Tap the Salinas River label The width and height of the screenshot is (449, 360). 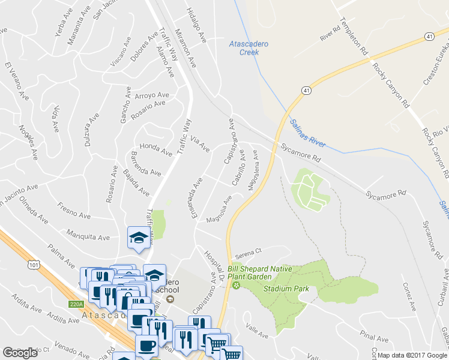[307, 133]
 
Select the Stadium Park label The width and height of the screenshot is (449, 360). [289, 289]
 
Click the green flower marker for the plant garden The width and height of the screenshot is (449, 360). [236, 285]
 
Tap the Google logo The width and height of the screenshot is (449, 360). [20, 352]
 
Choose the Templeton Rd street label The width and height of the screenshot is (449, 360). [354, 37]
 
